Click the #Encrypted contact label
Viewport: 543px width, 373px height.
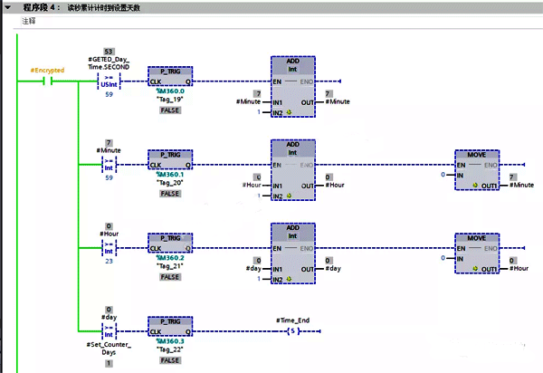click(46, 70)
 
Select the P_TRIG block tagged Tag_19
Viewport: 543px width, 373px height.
click(170, 76)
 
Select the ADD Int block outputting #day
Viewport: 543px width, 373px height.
click(293, 253)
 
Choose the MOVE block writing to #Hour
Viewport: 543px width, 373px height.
click(477, 253)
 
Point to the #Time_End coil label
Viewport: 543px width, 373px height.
click(293, 320)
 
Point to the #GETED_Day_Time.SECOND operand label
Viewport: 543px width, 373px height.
click(109, 62)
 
